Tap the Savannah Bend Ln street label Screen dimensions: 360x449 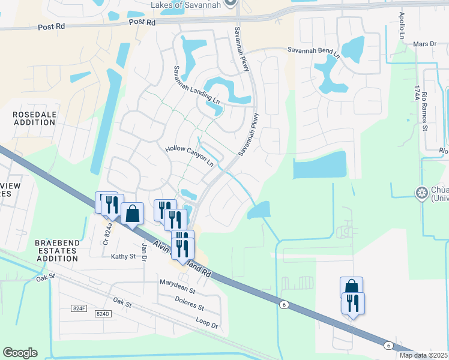313,52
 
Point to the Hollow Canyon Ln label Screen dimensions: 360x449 189,154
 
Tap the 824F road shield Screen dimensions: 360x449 79,308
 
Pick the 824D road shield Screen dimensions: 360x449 103,314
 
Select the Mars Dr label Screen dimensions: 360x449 424,44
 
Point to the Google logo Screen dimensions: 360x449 20,353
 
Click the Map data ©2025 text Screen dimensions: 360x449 424,355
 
